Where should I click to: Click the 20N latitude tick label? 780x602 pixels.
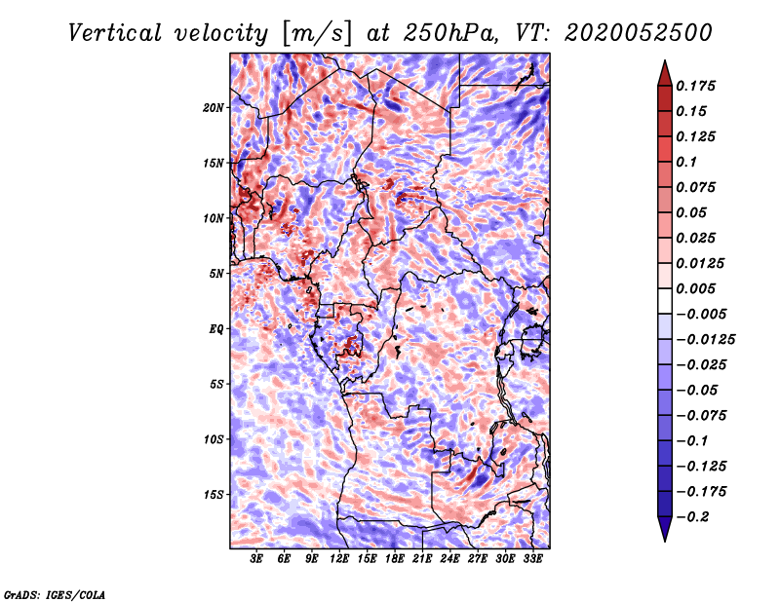(x=214, y=108)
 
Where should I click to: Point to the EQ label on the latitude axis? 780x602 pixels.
(x=215, y=329)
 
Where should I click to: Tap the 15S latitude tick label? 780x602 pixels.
(x=215, y=495)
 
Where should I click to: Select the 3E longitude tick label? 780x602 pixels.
(x=255, y=558)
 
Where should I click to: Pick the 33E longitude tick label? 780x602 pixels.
(x=532, y=558)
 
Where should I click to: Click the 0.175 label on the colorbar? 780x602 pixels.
(x=695, y=86)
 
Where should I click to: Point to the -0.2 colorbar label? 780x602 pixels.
(x=692, y=517)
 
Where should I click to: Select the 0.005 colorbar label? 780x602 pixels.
(x=695, y=288)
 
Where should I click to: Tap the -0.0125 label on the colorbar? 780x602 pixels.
(x=705, y=340)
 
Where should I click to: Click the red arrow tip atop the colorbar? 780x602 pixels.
(x=665, y=60)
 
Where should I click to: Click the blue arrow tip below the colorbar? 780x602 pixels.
(x=665, y=542)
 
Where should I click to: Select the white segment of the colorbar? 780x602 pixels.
(x=665, y=301)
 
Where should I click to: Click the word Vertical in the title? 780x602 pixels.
(x=115, y=33)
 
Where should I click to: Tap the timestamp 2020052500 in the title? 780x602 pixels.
(x=639, y=33)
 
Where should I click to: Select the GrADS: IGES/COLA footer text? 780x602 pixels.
(x=55, y=594)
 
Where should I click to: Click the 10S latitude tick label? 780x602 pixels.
(x=215, y=439)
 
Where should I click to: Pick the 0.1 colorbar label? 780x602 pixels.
(x=686, y=162)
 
